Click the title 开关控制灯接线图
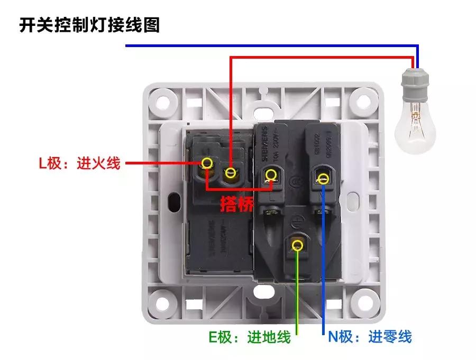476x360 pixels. click(x=89, y=25)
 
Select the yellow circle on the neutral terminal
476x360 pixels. click(x=323, y=178)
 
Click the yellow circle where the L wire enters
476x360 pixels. click(x=208, y=163)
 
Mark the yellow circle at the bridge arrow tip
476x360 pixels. click(x=272, y=174)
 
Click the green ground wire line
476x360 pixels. click(x=298, y=296)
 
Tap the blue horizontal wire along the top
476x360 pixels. click(x=264, y=47)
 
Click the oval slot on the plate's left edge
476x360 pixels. click(x=172, y=201)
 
